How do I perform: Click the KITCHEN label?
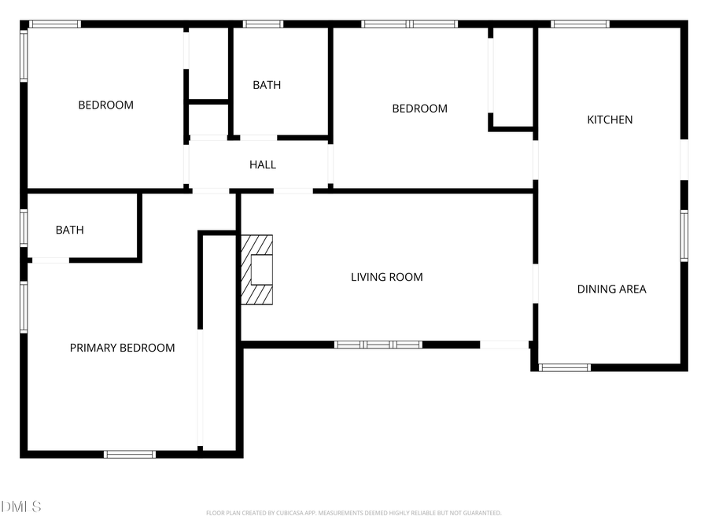610,120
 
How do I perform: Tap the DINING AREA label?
611,289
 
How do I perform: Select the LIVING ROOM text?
386,277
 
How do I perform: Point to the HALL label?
263,164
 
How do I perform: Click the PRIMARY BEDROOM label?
122,348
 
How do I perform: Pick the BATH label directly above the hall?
267,85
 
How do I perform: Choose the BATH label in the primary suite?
69,230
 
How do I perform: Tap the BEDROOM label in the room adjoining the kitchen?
419,109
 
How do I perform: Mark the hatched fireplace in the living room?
257,270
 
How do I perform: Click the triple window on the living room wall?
378,345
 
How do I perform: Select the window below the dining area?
564,367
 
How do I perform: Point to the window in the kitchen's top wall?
580,24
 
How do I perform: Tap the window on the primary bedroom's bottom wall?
130,454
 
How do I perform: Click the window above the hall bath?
263,24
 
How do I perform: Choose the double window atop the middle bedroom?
409,24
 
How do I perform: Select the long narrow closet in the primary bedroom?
219,342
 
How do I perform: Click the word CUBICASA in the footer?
285,513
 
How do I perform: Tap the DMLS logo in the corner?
21,507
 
